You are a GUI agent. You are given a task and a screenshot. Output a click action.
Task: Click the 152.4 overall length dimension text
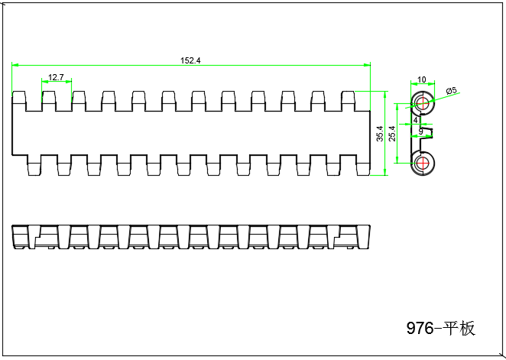click(x=190, y=61)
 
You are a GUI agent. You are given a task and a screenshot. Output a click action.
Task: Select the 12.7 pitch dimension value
click(x=56, y=77)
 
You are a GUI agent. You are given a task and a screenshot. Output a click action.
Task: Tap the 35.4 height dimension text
click(x=380, y=134)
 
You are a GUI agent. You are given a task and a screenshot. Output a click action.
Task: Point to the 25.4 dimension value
click(x=392, y=132)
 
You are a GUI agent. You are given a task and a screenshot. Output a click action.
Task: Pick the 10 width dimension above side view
click(x=422, y=79)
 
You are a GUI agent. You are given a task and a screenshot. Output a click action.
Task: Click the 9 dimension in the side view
click(x=420, y=132)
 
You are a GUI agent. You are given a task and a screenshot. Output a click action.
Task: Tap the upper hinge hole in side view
click(x=421, y=103)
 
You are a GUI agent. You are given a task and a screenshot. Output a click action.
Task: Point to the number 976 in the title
click(x=420, y=329)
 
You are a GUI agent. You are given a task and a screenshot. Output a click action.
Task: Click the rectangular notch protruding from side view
click(x=430, y=135)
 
